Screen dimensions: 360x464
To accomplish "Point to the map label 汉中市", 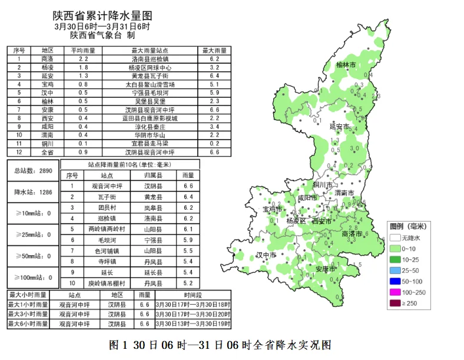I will pyautogui.click(x=267, y=255).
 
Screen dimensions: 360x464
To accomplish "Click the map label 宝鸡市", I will pyautogui.click(x=272, y=209).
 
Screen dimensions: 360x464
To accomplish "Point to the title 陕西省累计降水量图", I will pyautogui.click(x=102, y=14).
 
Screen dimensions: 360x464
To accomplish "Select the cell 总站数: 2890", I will pyautogui.click(x=33, y=171).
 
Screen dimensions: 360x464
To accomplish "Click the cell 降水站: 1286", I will pyautogui.click(x=33, y=192).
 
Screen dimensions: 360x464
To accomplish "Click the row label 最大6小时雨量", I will pyautogui.click(x=28, y=323).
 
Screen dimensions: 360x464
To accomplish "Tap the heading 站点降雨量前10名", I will pyautogui.click(x=129, y=164).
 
